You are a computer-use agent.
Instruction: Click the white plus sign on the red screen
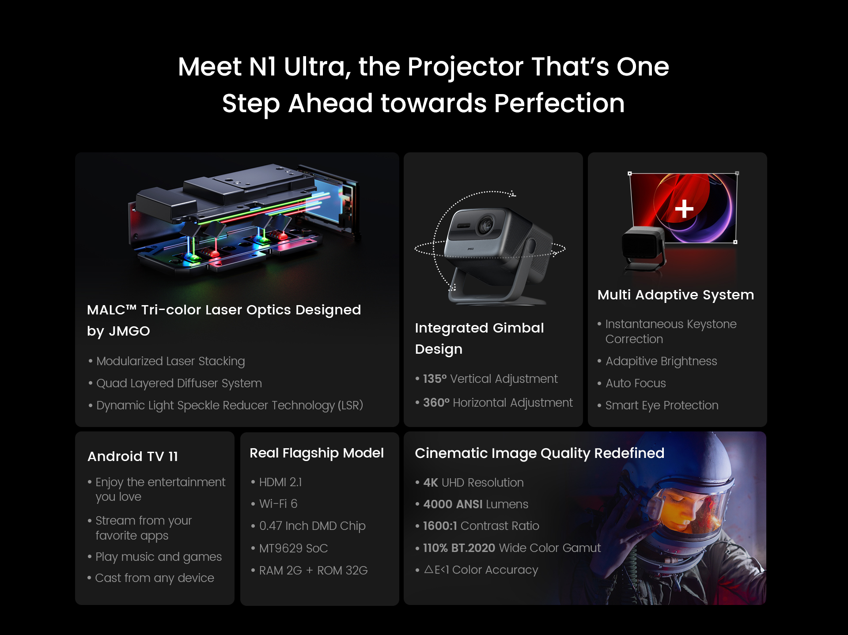(x=684, y=209)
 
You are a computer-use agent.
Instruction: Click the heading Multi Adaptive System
(x=675, y=295)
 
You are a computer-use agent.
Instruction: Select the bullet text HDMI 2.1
(x=280, y=482)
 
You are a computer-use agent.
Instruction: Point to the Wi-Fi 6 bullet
(x=278, y=504)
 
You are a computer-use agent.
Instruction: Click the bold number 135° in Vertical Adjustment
(x=435, y=379)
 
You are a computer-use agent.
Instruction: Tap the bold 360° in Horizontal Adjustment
(x=436, y=403)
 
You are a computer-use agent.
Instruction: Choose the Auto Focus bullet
(x=636, y=383)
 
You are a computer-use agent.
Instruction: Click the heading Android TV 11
(x=132, y=456)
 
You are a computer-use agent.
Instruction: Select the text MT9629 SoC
(x=294, y=548)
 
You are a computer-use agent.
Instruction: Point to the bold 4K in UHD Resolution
(x=431, y=483)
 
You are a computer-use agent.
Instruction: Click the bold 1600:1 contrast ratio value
(x=440, y=526)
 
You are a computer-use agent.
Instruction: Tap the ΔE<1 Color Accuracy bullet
(x=481, y=570)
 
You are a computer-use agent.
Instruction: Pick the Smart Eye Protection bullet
(x=662, y=405)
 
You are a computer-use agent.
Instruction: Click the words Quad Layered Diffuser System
(x=179, y=383)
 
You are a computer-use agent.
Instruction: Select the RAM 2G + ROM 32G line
(x=313, y=571)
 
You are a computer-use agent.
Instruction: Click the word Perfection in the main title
(x=559, y=103)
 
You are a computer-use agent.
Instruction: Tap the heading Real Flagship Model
(x=317, y=453)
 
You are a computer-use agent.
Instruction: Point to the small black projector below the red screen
(x=644, y=248)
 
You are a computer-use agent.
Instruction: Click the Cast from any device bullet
(x=155, y=578)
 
